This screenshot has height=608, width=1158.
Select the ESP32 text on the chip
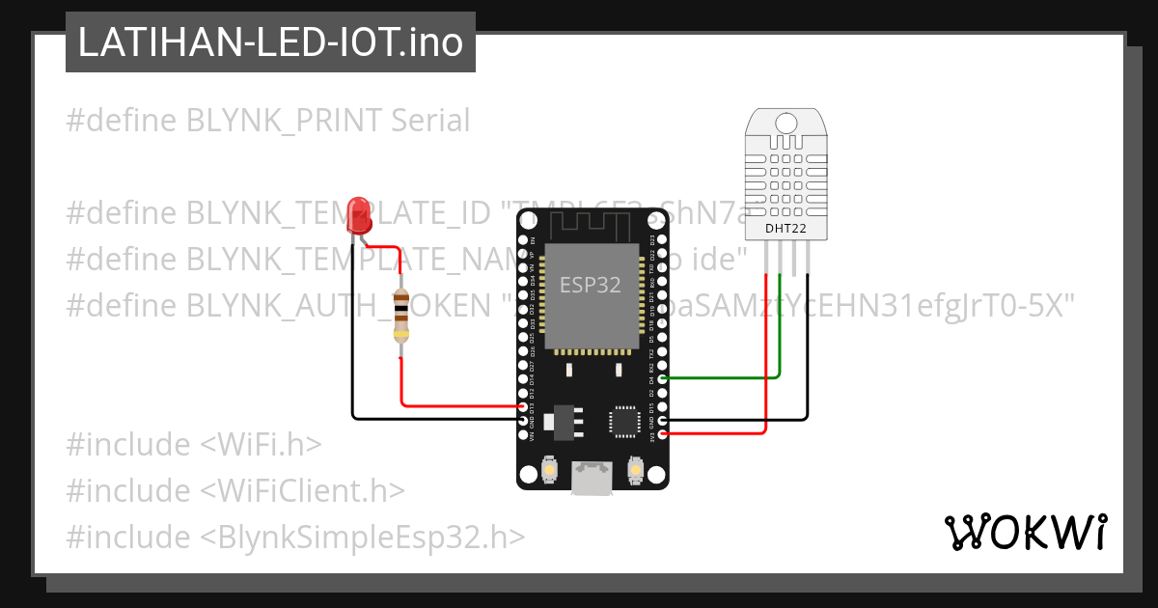tap(590, 285)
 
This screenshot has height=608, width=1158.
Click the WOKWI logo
tap(1025, 532)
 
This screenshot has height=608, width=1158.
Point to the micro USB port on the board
tap(591, 477)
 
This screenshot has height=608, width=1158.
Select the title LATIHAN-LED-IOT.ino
tap(270, 42)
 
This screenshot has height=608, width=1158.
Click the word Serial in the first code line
tap(430, 121)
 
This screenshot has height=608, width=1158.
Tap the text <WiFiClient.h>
tap(302, 490)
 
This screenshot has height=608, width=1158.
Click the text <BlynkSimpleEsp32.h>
tap(363, 537)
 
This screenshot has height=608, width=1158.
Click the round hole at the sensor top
tap(786, 123)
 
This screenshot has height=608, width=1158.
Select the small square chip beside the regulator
tap(622, 422)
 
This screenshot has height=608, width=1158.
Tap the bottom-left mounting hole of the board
tap(529, 474)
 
